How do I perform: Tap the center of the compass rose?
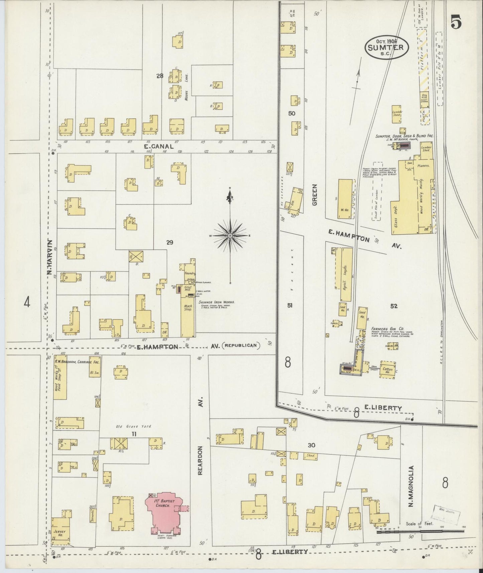[230, 236]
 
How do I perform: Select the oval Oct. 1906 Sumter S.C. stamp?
[386, 48]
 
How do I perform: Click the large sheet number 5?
[456, 22]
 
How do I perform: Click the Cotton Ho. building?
[387, 369]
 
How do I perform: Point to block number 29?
[170, 243]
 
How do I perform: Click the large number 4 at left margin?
[27, 303]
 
